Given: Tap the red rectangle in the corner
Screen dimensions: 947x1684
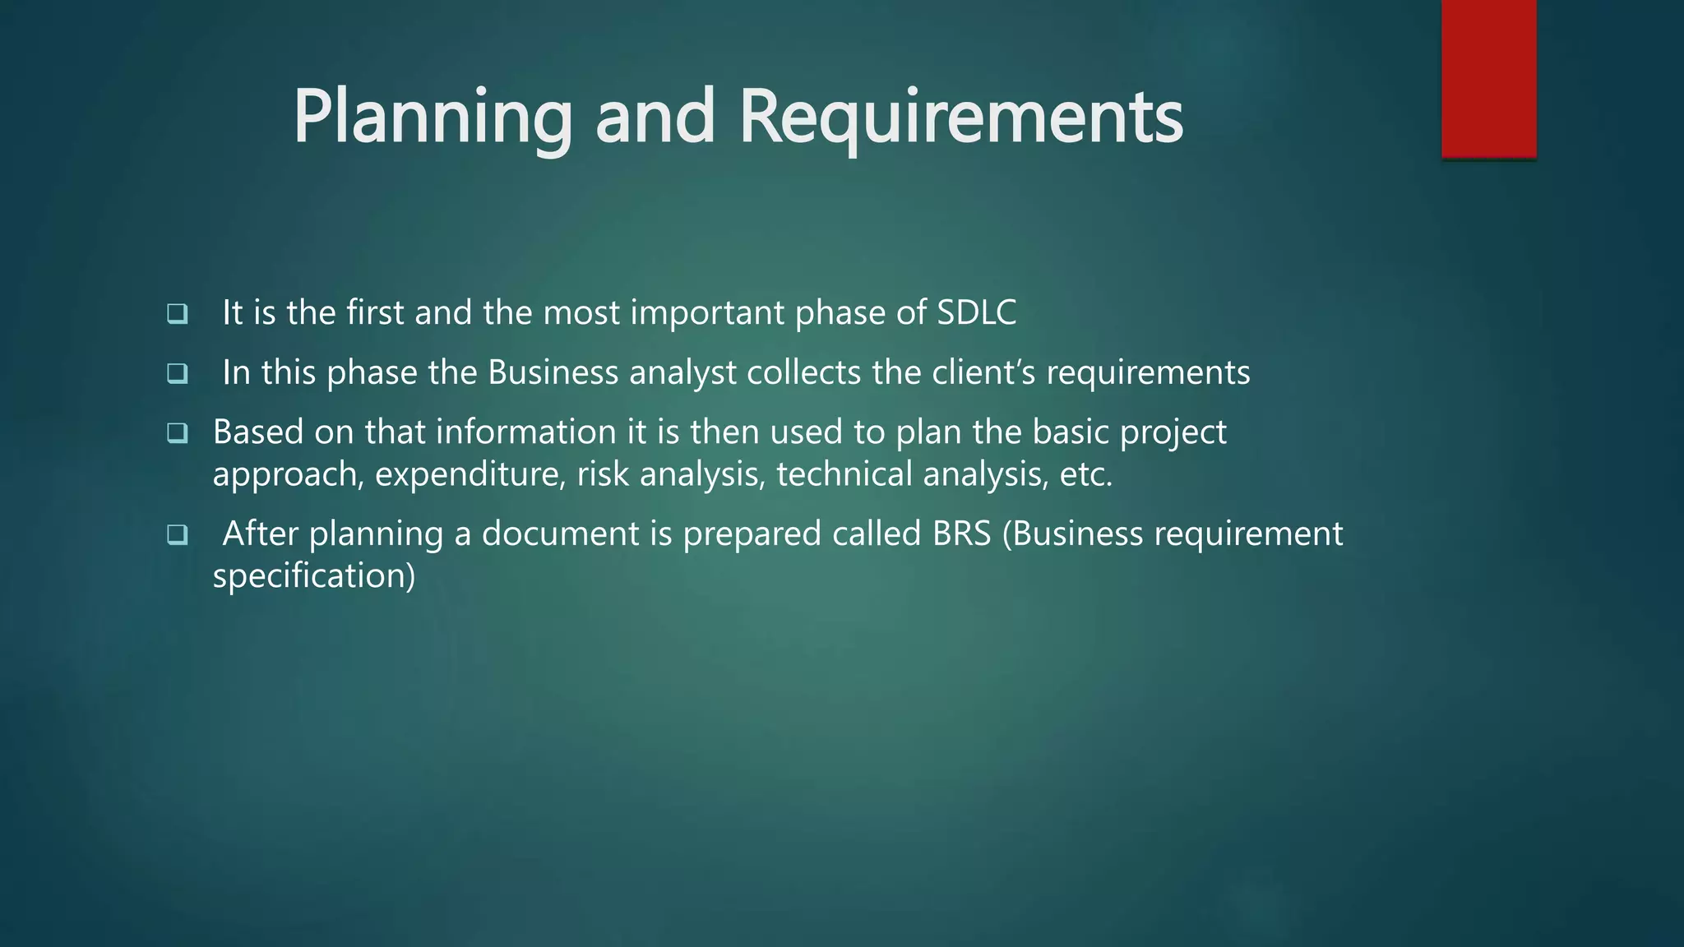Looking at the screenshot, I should coord(1488,78).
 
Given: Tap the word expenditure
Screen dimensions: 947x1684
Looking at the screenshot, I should coord(470,475).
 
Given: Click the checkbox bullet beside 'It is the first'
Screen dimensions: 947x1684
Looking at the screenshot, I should coord(177,313).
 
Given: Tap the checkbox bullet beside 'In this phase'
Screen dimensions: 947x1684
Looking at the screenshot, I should coord(177,373).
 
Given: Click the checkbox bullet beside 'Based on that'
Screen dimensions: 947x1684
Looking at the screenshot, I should coord(177,432).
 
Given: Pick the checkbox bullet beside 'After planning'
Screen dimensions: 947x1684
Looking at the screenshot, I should coord(177,534).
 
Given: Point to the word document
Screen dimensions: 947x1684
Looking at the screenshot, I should coord(560,534).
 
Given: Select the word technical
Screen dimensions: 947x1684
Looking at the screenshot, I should coord(844,475).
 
